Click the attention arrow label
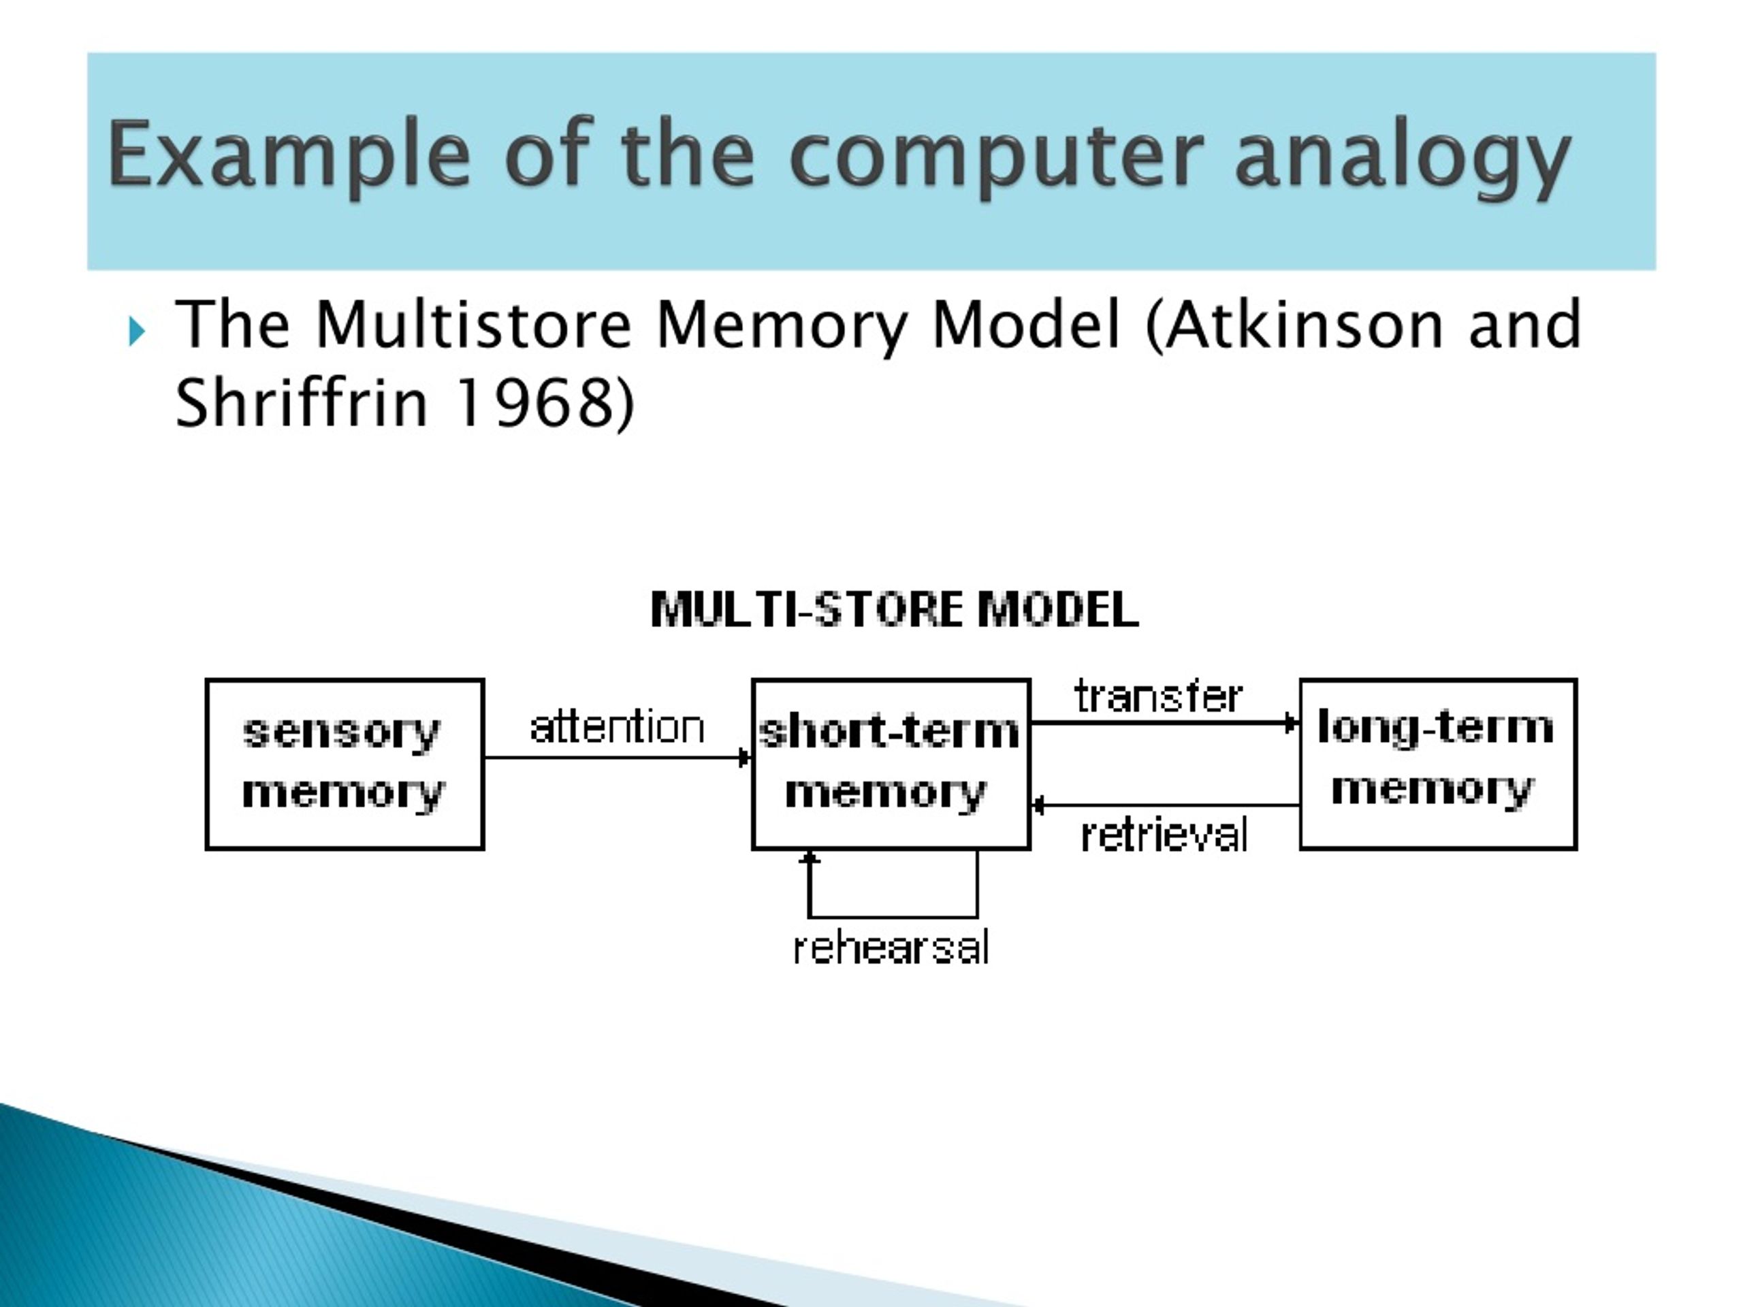coord(617,726)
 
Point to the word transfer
coord(1157,696)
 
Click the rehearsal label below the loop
coord(891,948)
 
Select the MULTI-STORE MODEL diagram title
coord(895,610)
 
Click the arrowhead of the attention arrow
coord(745,758)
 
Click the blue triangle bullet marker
coord(136,331)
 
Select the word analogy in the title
coord(1402,155)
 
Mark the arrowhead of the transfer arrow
coord(1292,722)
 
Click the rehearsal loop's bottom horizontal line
coord(893,917)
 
